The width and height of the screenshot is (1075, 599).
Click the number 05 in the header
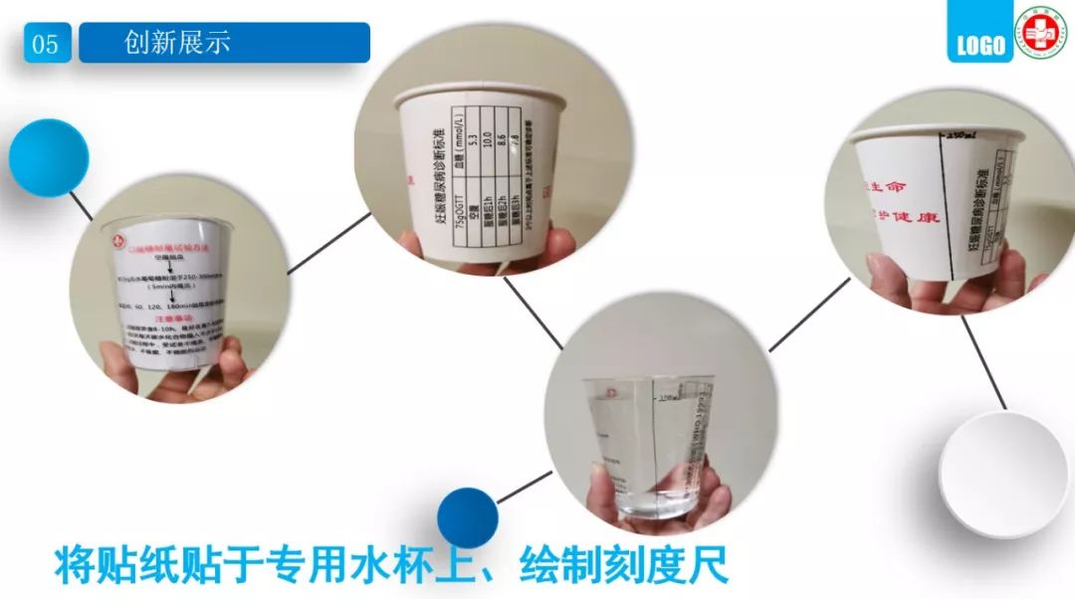click(46, 44)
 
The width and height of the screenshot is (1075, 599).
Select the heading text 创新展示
click(177, 43)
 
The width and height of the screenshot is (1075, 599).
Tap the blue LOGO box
click(979, 45)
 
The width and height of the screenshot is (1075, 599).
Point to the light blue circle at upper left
click(49, 157)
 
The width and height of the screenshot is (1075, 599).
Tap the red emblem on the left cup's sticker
click(119, 239)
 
